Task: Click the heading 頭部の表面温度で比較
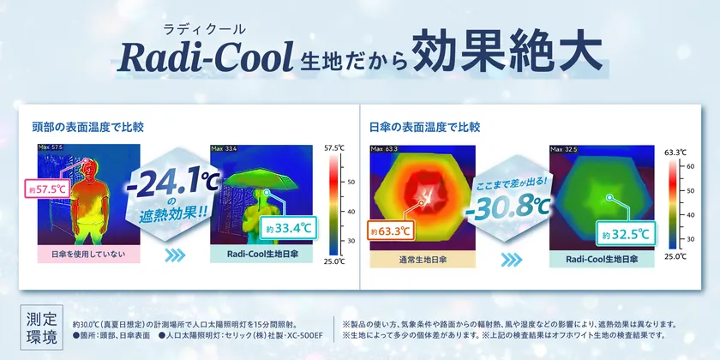point(87,127)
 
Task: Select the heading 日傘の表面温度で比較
point(425,127)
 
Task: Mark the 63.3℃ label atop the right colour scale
point(677,152)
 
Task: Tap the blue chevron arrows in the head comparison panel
point(171,255)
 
